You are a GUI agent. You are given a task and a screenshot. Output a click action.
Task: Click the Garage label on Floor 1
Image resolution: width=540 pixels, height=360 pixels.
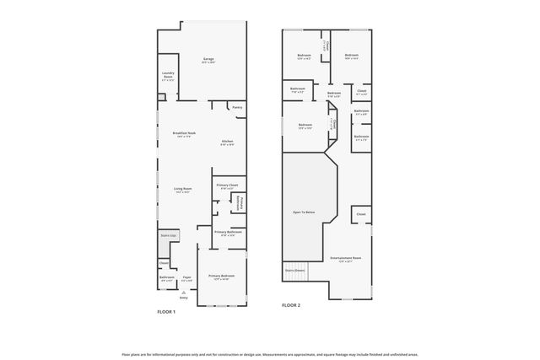point(208,59)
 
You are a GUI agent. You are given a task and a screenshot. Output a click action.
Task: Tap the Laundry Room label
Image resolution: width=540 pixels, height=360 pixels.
point(168,75)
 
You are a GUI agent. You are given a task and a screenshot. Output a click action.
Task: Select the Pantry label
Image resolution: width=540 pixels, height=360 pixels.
point(237,107)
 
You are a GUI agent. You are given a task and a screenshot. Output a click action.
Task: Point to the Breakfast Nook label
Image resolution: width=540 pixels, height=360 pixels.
point(184,134)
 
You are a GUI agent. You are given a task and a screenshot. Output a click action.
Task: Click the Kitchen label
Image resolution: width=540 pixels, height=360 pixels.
point(227,142)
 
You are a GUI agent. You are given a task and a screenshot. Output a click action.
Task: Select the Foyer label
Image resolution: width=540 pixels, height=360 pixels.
point(186,277)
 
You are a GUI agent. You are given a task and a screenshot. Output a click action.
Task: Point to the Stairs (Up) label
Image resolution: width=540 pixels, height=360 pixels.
point(168,236)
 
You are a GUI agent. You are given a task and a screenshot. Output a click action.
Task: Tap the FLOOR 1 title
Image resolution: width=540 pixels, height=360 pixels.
point(166,312)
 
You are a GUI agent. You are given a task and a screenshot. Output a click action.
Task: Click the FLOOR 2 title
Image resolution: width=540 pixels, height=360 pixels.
point(291,304)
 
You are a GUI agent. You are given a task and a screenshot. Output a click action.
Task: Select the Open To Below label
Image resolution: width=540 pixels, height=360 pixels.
point(305,212)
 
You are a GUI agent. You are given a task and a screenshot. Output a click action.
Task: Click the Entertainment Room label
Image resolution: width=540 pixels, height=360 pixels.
point(346,259)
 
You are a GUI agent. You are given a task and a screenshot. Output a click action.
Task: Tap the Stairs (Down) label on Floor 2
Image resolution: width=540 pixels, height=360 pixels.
point(294,271)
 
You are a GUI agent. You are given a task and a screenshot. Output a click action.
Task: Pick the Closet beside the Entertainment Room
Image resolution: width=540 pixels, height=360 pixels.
point(360,215)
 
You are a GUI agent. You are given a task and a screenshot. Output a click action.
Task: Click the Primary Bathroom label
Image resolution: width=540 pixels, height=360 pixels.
point(228,233)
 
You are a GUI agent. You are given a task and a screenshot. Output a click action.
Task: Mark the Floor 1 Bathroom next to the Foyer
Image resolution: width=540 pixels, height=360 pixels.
point(166,277)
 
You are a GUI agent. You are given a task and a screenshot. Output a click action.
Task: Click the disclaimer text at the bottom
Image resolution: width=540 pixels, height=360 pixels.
point(270,355)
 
